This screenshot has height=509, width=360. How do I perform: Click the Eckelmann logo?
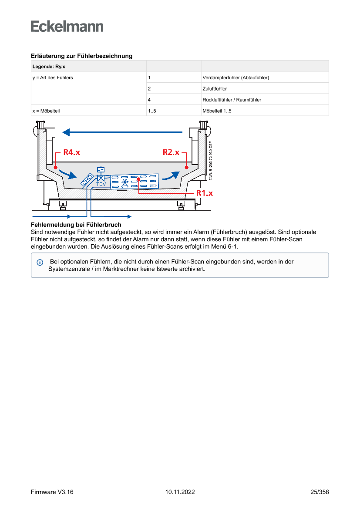tap(67, 27)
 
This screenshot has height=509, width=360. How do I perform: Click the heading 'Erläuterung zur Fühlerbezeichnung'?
tap(81, 56)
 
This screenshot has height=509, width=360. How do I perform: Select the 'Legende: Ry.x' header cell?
tap(49, 67)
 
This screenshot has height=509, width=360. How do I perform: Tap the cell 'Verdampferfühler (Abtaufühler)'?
tap(236, 78)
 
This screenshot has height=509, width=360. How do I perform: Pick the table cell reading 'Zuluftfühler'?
tap(215, 89)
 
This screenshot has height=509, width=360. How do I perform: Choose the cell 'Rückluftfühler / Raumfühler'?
tap(232, 100)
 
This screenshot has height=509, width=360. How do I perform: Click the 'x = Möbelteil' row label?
tap(46, 111)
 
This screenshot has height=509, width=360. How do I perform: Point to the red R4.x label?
tap(72, 152)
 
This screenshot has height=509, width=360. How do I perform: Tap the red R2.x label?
tap(171, 152)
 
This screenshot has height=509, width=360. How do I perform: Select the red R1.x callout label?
tap(204, 193)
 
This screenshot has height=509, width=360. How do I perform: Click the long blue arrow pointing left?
tap(122, 132)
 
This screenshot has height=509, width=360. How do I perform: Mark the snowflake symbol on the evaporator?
tap(125, 182)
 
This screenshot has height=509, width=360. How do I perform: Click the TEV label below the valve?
tap(101, 184)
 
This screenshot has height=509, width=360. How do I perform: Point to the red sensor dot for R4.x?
tap(56, 167)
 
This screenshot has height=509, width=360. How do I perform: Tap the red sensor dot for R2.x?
tap(186, 167)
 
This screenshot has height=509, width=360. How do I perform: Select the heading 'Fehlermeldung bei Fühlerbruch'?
tap(76, 225)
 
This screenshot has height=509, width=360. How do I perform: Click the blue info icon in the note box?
tap(40, 263)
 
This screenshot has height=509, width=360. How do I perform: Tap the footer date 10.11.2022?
tap(180, 492)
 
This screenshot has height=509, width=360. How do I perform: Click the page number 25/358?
tap(320, 492)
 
